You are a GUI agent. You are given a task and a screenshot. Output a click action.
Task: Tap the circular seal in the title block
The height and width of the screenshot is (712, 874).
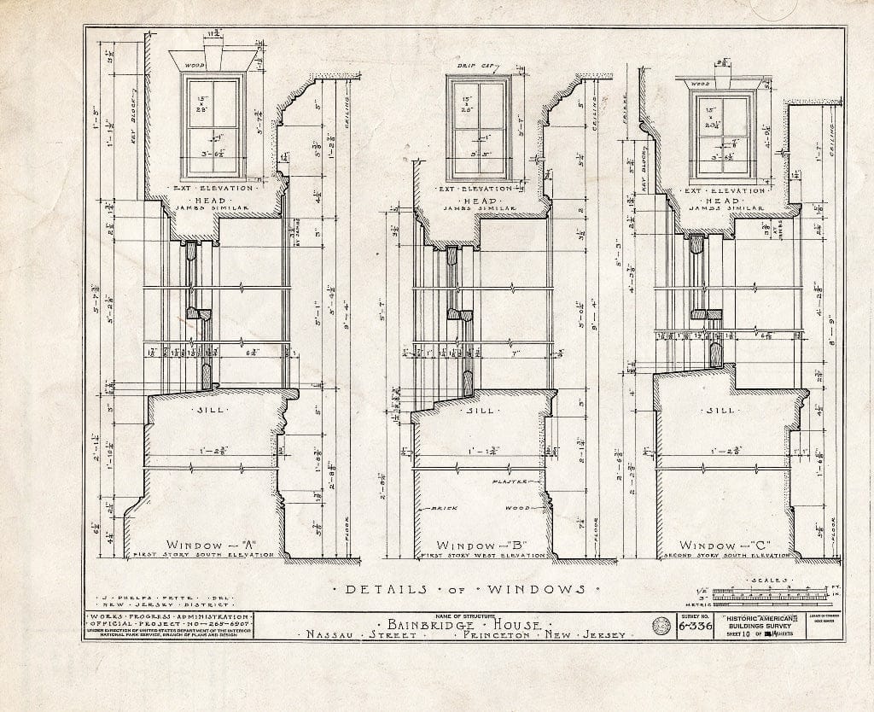(x=660, y=627)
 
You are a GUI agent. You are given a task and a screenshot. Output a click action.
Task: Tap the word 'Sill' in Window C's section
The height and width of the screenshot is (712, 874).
(x=722, y=410)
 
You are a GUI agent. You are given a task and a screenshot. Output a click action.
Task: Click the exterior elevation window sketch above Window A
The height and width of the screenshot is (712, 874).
(x=213, y=125)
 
